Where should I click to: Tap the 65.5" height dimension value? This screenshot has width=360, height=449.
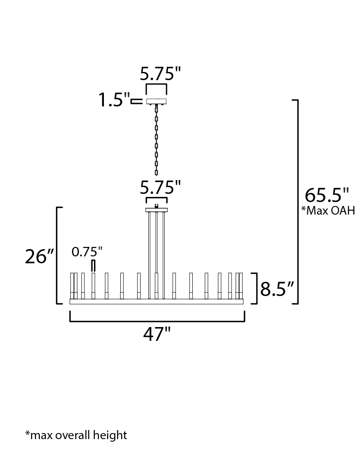327,196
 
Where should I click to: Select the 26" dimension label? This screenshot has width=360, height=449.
40,256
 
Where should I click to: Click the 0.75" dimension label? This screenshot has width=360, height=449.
87,252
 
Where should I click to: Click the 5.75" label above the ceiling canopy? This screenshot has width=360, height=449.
160,74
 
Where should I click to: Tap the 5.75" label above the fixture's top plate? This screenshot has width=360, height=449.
160,187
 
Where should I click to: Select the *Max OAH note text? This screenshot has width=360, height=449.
328,211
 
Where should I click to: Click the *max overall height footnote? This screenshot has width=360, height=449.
76,435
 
